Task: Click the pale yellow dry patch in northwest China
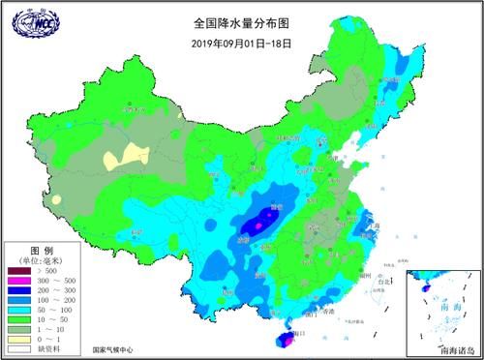tap(123, 155)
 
